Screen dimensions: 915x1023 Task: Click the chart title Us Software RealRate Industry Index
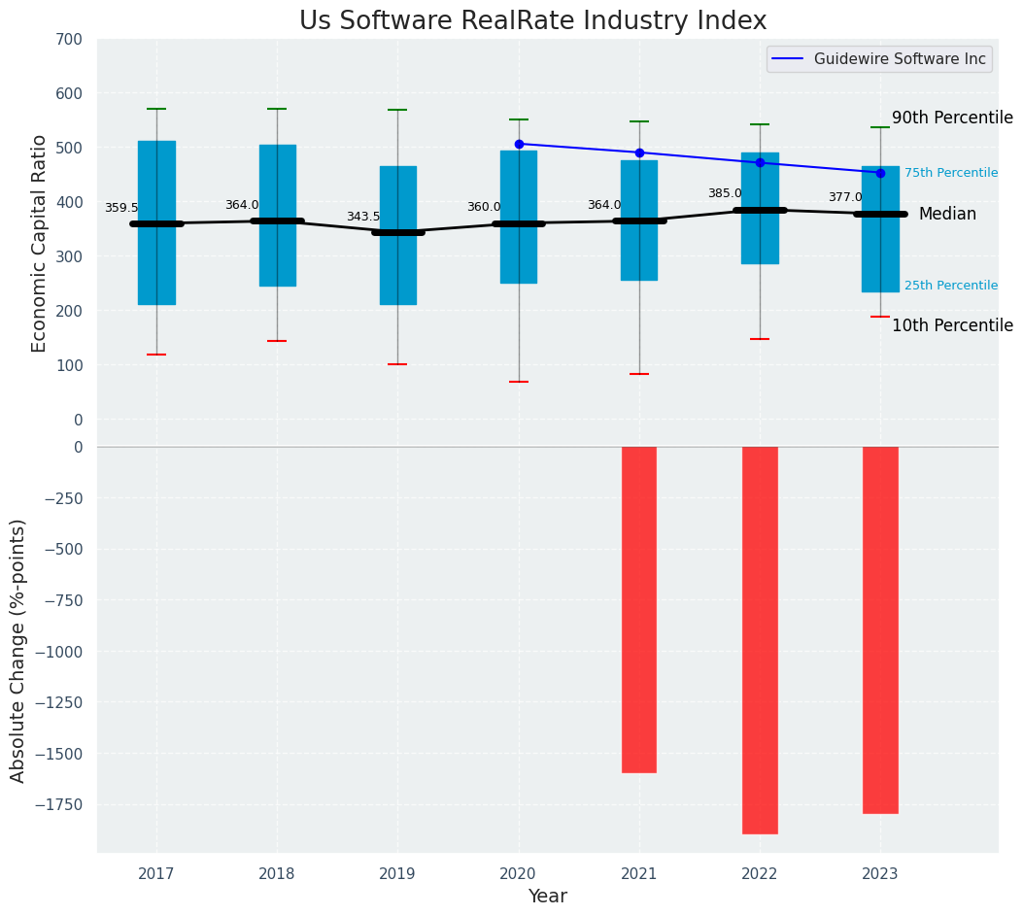tap(532, 21)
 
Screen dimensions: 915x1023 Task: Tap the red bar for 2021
tap(639, 609)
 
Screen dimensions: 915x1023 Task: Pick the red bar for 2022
tap(760, 639)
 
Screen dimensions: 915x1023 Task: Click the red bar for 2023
tap(880, 629)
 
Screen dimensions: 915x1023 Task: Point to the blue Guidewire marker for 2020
tap(519, 144)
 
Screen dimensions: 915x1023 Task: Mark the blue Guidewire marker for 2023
tap(880, 173)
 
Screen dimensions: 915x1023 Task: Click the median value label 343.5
tap(363, 217)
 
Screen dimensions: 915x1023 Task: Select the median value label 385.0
tap(725, 193)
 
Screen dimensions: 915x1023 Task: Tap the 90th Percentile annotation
tap(952, 118)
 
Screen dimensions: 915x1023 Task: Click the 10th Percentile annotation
tap(952, 325)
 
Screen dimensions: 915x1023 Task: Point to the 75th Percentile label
tap(951, 173)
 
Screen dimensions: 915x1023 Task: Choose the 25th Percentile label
tap(951, 286)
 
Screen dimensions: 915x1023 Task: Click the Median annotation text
tap(947, 214)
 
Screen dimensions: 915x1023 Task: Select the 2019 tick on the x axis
tap(397, 874)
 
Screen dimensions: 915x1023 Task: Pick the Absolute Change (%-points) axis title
tap(18, 650)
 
